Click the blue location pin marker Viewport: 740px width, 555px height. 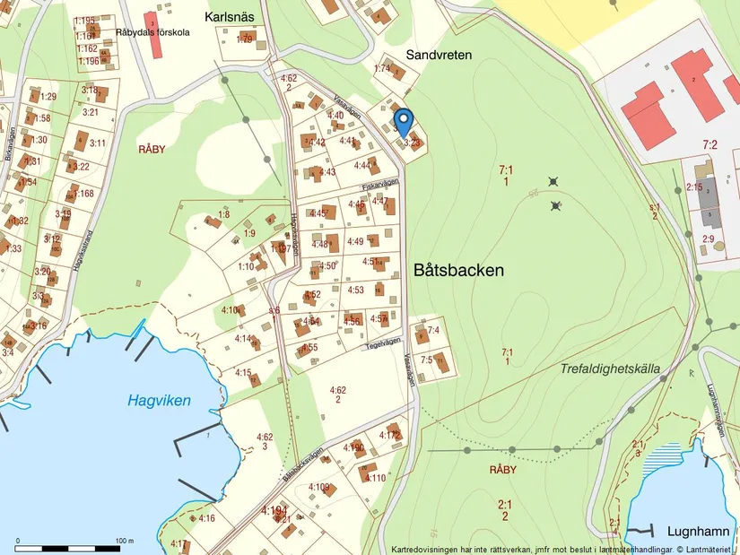(x=404, y=120)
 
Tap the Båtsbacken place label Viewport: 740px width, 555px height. (x=459, y=269)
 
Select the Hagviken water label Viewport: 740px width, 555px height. (x=159, y=401)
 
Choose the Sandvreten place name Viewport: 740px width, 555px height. (x=439, y=55)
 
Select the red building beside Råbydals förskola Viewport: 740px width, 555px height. (x=154, y=22)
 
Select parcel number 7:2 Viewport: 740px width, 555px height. (x=710, y=144)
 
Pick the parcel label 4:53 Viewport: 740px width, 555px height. (x=355, y=290)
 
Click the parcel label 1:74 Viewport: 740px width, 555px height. (x=382, y=68)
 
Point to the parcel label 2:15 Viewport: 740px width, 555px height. (x=693, y=187)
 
